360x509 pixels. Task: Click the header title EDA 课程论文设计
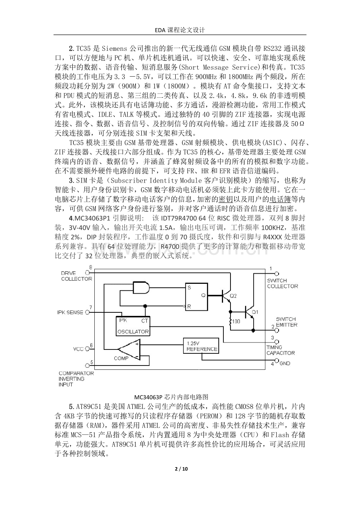[180, 30]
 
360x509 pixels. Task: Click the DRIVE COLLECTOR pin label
[76, 276]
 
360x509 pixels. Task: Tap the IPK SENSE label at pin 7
[70, 312]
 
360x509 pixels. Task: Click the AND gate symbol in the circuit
[141, 289]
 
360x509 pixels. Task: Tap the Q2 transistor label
[233, 296]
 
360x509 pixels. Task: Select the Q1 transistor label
[255, 312]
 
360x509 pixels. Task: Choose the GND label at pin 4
[285, 364]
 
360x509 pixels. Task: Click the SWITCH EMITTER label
[286, 322]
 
